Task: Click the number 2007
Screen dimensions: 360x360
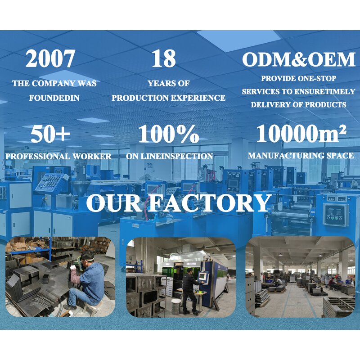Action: point(50,59)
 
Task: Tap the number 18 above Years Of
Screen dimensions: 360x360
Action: point(163,59)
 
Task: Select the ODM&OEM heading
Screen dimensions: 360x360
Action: point(298,59)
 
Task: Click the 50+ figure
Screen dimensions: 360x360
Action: point(50,134)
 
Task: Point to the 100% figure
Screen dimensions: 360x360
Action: point(168,134)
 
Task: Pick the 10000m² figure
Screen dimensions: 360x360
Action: point(301,134)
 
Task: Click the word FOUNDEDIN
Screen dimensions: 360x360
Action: point(54,97)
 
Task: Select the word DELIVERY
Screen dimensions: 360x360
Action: point(270,104)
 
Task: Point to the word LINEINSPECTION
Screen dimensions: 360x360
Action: point(184,156)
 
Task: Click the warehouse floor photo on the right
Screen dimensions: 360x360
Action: point(300,277)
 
